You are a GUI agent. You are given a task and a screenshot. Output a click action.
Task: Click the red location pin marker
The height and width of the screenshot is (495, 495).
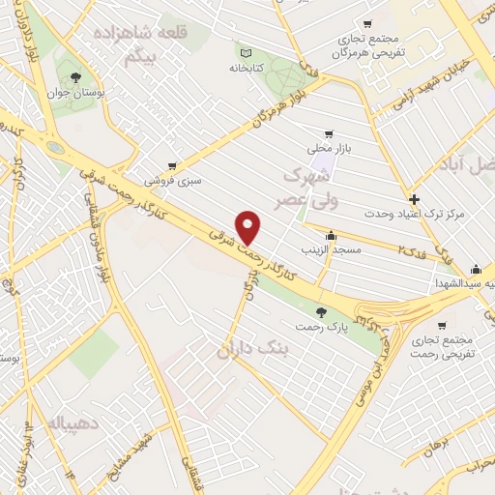[249, 226]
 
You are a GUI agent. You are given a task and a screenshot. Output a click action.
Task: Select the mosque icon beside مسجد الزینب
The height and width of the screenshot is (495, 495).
[333, 235]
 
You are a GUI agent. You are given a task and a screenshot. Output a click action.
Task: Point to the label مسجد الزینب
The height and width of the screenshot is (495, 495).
[334, 250]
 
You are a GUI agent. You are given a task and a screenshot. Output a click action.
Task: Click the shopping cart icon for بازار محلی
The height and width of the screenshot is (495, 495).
[330, 133]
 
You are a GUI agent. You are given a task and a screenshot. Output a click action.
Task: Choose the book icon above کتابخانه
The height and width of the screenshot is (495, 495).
[245, 53]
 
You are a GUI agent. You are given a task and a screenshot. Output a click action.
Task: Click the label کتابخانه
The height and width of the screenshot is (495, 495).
[247, 69]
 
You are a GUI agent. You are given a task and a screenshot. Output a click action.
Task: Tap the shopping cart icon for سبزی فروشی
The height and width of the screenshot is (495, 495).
[171, 166]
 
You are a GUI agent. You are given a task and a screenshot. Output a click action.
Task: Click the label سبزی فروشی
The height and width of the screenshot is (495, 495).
[173, 181]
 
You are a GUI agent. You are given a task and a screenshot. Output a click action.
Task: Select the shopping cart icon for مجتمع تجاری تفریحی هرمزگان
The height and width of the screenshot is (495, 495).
[367, 24]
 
